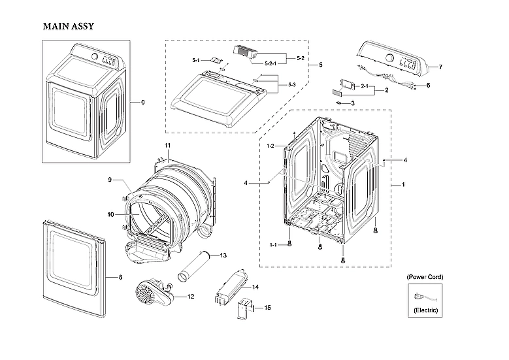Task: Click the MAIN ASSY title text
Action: (x=69, y=27)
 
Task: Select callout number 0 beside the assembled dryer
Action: (x=143, y=103)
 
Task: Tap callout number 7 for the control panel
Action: (x=440, y=67)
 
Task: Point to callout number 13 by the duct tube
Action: (x=223, y=255)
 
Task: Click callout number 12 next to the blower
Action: (x=191, y=297)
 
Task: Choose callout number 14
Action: (x=255, y=287)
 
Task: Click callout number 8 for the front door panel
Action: (x=120, y=278)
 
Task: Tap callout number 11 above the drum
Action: (x=167, y=144)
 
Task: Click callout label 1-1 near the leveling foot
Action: (x=272, y=244)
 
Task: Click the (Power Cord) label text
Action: (x=425, y=277)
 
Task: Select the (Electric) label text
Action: (x=425, y=310)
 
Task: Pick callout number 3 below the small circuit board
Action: (x=352, y=103)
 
